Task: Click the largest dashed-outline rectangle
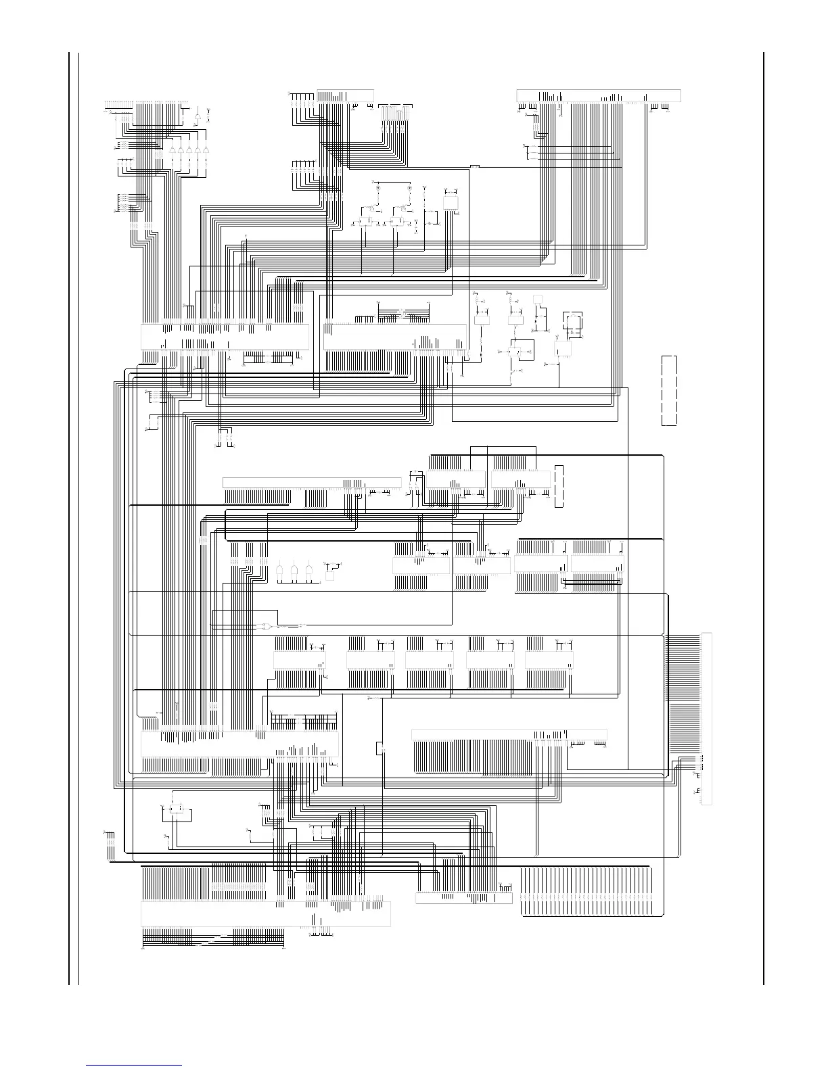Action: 668,390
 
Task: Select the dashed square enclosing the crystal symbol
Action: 574,324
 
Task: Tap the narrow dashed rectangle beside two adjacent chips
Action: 558,486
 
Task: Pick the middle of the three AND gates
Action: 295,572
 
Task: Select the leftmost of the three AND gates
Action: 280,572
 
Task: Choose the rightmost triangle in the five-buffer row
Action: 206,149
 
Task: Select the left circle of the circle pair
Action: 378,185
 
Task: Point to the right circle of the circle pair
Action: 409,185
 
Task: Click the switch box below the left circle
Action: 368,221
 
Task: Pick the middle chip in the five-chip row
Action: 429,660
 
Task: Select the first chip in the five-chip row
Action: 298,660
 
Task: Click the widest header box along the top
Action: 598,95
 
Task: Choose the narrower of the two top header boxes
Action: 345,95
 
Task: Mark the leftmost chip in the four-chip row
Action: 421,565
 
